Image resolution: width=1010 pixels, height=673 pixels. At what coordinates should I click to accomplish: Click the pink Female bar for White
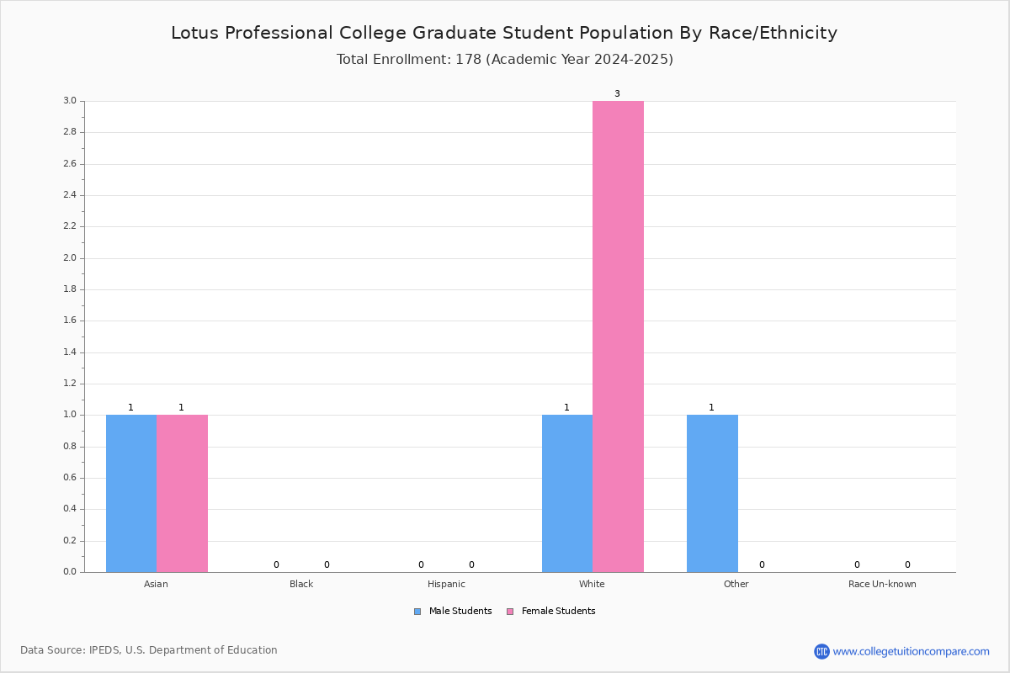[x=618, y=336]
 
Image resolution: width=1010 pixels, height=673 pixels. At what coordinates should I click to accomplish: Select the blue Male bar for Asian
[x=131, y=493]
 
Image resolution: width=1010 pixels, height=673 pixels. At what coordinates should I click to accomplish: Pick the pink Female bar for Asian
[x=182, y=493]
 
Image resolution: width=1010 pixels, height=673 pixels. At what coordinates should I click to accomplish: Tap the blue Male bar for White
[x=567, y=493]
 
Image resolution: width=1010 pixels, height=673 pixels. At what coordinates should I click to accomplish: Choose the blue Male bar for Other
[x=712, y=493]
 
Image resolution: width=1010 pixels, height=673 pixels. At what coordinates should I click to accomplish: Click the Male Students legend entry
[x=453, y=612]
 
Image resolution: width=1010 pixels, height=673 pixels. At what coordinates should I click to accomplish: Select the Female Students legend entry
[x=551, y=612]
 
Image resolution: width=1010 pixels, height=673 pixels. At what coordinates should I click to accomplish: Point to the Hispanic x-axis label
[x=446, y=584]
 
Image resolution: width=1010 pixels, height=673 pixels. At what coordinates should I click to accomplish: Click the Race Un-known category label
[x=882, y=584]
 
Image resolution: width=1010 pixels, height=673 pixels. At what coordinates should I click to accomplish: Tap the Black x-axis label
[x=301, y=584]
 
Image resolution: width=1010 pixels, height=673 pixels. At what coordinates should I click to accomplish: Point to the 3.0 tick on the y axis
[x=70, y=100]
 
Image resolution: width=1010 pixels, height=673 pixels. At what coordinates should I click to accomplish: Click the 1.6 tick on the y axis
[x=70, y=321]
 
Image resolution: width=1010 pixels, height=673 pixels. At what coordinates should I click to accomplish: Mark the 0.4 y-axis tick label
[x=70, y=509]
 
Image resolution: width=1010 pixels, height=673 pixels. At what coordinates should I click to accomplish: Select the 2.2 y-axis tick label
[x=70, y=226]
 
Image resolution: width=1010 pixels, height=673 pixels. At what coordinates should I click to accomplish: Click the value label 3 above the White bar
[x=617, y=93]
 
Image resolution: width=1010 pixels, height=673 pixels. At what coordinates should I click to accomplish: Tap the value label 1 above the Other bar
[x=711, y=407]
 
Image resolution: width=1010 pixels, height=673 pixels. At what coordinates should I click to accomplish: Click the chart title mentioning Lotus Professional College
[x=504, y=34]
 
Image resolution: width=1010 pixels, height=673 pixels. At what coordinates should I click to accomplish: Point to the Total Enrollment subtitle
[x=504, y=60]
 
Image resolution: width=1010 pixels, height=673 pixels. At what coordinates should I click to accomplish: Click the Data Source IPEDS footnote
[x=149, y=650]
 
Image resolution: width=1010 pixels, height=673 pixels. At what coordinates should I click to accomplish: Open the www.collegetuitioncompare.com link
[x=911, y=651]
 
